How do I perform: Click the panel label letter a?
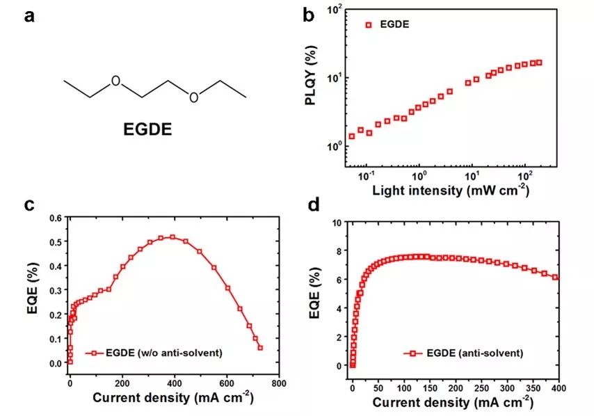[x=30, y=15]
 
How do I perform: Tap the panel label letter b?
[x=307, y=15]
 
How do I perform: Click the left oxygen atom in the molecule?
[x=115, y=81]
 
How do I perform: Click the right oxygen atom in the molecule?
[x=193, y=97]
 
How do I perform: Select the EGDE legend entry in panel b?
[x=394, y=25]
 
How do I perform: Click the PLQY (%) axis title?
[x=311, y=91]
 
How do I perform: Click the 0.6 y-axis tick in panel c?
[x=55, y=217]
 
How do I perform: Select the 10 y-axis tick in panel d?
[x=340, y=223]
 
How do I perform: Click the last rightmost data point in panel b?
[x=538, y=63]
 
